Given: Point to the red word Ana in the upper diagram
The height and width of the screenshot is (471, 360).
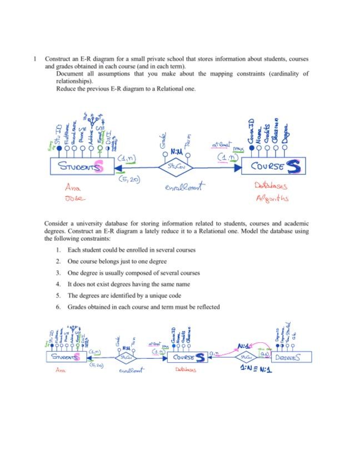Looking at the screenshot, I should tap(73, 188).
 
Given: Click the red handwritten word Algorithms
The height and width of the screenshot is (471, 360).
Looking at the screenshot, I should tap(272, 198).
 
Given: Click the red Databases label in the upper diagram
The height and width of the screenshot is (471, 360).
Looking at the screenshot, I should tap(271, 187).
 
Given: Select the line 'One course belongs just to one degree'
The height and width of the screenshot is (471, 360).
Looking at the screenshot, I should tap(117, 261).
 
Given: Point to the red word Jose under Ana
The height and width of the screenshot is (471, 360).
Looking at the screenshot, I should tap(73, 198).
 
